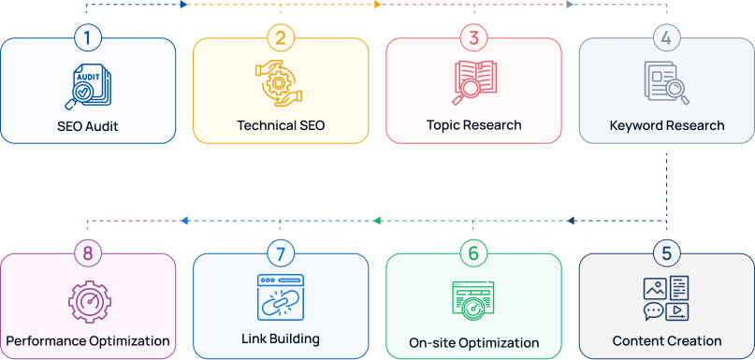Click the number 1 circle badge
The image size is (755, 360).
coord(88,38)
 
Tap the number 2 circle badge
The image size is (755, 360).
coord(281,38)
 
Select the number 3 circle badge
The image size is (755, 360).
coord(473,38)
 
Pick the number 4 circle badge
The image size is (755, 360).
coord(666,38)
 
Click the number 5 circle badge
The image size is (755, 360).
coord(666,253)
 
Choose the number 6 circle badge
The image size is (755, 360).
coord(473,253)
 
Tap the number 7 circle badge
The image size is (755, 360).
coord(281,253)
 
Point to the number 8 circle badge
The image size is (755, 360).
coord(88,253)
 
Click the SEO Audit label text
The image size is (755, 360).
coord(88,125)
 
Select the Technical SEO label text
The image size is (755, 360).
coord(281,125)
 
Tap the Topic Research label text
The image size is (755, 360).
coord(473,124)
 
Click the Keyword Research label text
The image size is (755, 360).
coord(666,125)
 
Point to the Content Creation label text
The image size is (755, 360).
coord(666,341)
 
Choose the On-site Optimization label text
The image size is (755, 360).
coord(473,342)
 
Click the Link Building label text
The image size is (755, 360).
coord(281,338)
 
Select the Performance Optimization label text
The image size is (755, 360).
coord(88,341)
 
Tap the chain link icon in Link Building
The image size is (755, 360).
coord(281,297)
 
